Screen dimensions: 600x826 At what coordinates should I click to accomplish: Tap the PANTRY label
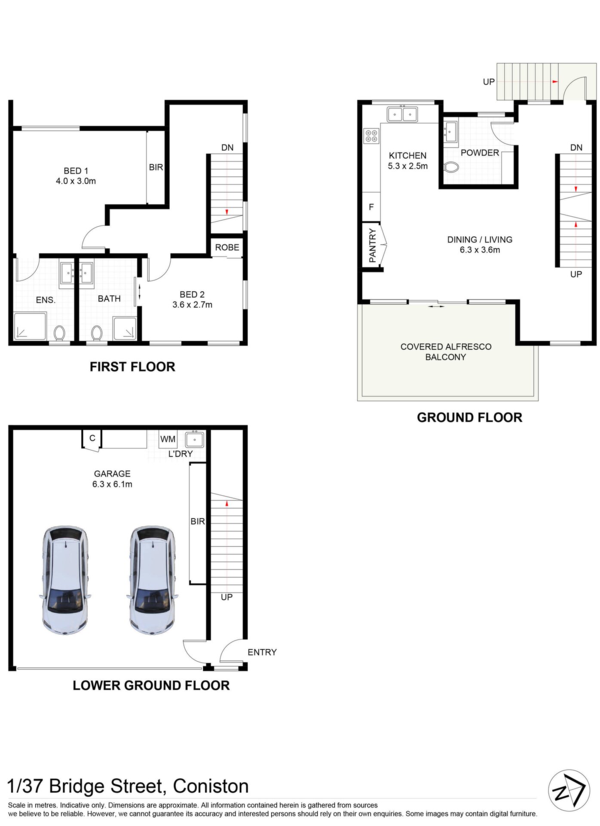coord(372,246)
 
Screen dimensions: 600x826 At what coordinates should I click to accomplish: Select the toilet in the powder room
coord(451,167)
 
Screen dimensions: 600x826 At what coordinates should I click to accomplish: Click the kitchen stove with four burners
coord(371,136)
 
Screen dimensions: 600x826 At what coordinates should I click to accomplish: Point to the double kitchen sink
coord(402,114)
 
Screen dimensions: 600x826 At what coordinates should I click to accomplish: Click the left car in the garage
coord(65,579)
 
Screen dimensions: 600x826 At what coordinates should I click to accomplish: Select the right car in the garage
coord(153,579)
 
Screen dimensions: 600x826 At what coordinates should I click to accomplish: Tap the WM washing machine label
coord(168,439)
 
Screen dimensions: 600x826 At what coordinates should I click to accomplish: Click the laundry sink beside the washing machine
coord(195,440)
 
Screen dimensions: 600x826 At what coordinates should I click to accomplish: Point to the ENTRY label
coord(262,652)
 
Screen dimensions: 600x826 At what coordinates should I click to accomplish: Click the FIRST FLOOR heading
coord(132,367)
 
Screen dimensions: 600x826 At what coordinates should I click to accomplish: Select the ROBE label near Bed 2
coord(227,247)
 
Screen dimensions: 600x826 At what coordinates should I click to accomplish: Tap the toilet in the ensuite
coord(59,333)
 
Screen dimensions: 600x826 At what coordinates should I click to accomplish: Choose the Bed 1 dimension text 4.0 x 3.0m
coord(76,181)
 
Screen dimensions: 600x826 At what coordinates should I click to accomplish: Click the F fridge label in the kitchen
coord(371,207)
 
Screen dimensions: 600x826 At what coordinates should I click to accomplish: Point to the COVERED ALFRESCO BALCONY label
coord(446,351)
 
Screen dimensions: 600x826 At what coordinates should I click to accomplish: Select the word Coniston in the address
coord(211,786)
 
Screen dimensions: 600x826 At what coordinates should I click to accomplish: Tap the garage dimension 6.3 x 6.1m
coord(112,484)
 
